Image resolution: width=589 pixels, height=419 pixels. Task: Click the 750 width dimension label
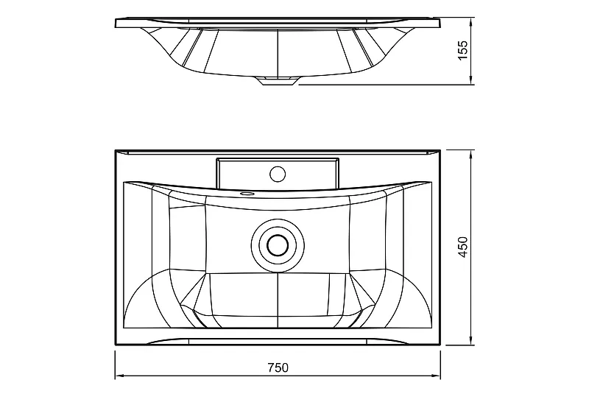pyautogui.click(x=278, y=367)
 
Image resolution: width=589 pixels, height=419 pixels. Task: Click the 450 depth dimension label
pyautogui.click(x=463, y=247)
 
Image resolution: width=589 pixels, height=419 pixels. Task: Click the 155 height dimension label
pyautogui.click(x=463, y=50)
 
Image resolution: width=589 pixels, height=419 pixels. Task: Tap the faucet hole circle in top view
pyautogui.click(x=278, y=174)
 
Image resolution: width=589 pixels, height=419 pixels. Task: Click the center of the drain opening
pyautogui.click(x=278, y=245)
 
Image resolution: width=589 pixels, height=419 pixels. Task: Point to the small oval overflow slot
pyautogui.click(x=247, y=194)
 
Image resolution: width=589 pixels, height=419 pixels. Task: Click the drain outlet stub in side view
pyautogui.click(x=278, y=81)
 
